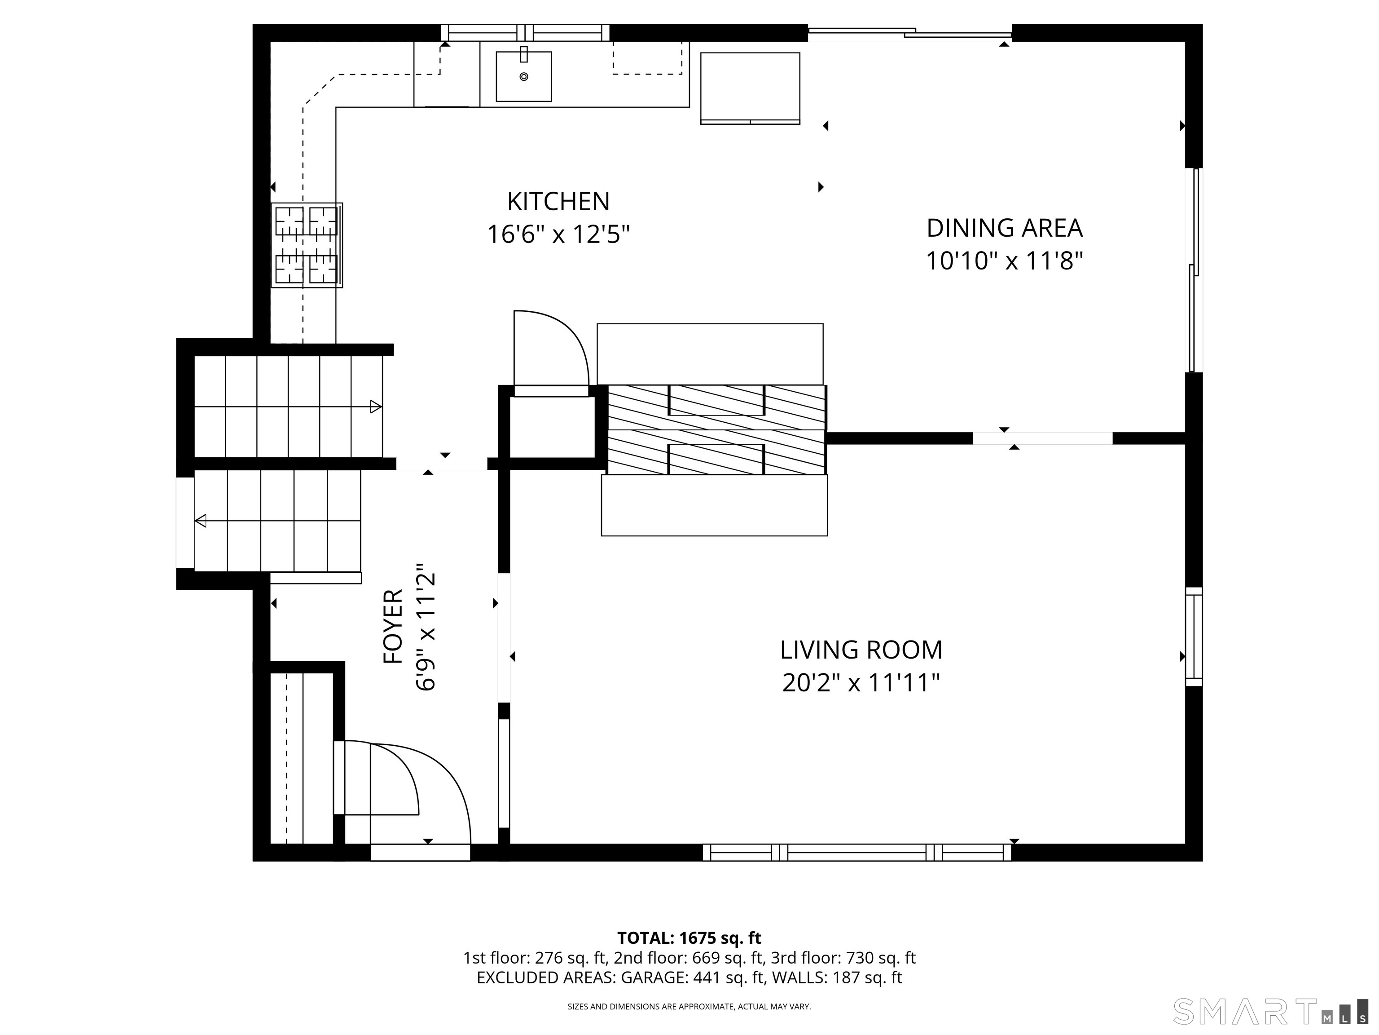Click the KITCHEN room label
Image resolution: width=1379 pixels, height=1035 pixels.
(x=558, y=202)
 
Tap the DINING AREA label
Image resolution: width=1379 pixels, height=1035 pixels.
(x=1004, y=228)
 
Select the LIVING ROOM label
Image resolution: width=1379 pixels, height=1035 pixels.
(x=861, y=650)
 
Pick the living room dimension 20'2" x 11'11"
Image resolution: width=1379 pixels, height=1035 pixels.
(x=861, y=683)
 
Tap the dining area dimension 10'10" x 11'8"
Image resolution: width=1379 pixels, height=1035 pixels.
(x=1004, y=261)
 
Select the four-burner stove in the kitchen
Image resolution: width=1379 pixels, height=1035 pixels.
(x=307, y=245)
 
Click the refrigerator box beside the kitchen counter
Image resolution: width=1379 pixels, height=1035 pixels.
(x=750, y=88)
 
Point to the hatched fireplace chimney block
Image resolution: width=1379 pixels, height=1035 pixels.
(x=717, y=430)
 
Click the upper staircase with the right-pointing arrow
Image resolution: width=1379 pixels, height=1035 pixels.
(x=288, y=407)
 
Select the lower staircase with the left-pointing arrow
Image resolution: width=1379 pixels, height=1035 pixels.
(x=277, y=521)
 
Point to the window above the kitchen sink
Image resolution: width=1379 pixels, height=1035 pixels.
(x=525, y=32)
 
